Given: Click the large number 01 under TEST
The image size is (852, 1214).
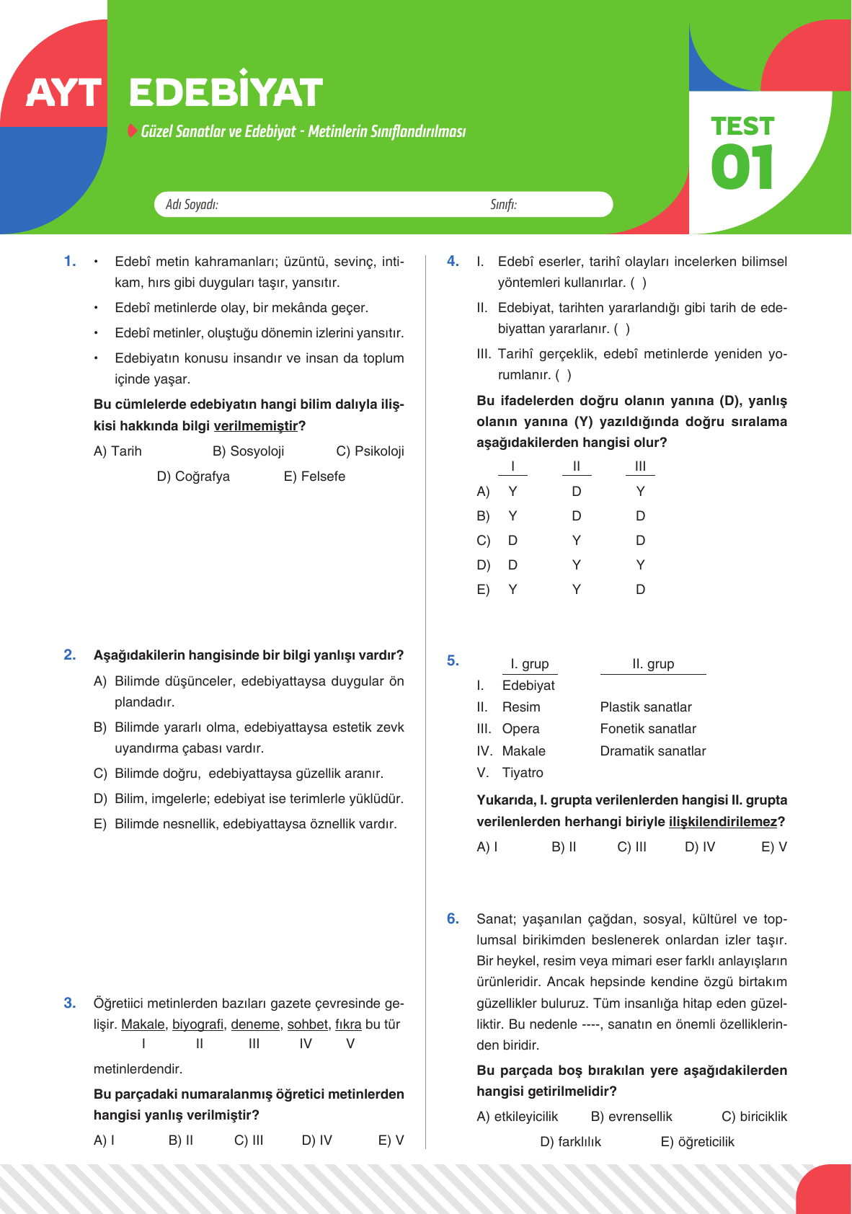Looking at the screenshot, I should click(742, 167).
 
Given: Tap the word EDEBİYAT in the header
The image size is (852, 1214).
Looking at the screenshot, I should click(226, 92).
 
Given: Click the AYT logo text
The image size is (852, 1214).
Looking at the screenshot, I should click(63, 93).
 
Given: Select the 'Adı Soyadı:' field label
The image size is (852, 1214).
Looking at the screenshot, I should click(192, 205).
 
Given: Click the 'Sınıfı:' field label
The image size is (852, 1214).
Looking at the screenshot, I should click(503, 205).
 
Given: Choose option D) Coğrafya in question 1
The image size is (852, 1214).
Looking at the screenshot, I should click(193, 477).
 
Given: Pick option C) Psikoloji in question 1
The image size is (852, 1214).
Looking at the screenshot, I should click(370, 451).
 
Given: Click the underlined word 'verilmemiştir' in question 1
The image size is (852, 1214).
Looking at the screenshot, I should click(255, 426).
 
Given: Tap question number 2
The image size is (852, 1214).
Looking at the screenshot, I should click(70, 655).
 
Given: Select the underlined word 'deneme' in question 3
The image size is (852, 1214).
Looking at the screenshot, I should click(255, 1024).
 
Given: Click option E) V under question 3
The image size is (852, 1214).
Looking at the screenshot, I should click(391, 1140).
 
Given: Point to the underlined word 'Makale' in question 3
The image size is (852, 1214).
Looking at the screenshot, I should click(143, 1024).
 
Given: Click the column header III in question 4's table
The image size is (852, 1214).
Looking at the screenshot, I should click(640, 466).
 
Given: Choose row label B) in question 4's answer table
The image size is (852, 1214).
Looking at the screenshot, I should click(483, 516).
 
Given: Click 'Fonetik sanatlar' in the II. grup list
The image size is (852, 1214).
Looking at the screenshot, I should click(648, 729).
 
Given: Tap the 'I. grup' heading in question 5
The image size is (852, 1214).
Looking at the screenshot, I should click(529, 664).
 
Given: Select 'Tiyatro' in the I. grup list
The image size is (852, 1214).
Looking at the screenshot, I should click(523, 773).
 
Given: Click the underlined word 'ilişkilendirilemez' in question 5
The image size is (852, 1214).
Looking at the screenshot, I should click(723, 822).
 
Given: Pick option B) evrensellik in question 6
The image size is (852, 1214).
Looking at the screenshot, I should click(631, 1117).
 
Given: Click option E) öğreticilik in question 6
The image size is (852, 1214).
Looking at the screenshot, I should click(697, 1142).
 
